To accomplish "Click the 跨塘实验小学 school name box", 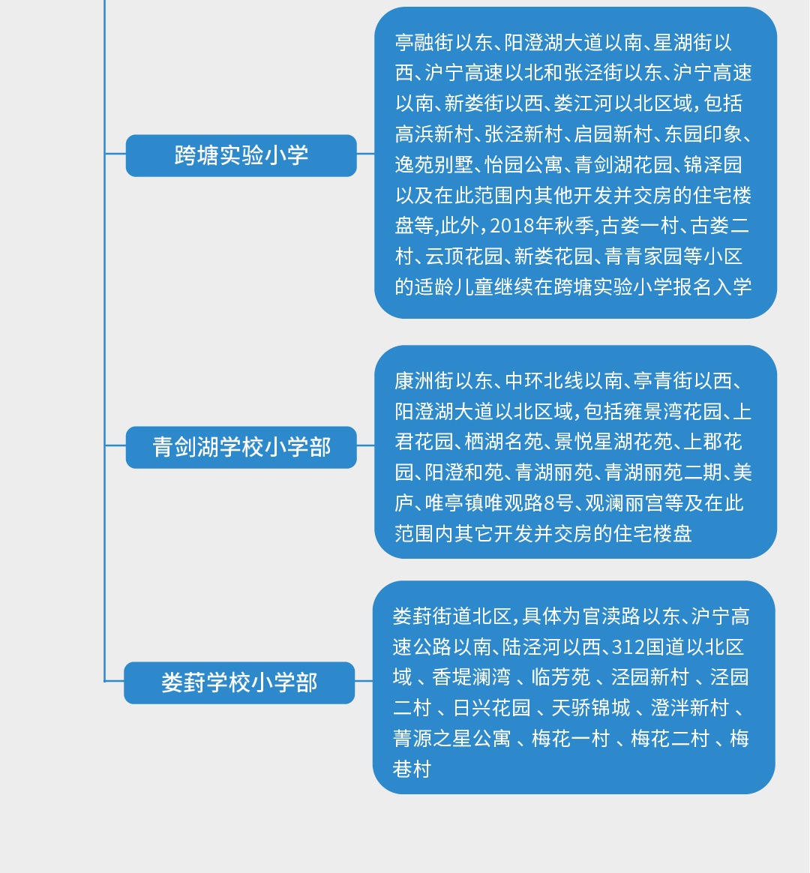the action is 241,155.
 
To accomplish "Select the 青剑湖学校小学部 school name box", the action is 241,447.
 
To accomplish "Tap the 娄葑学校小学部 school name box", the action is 239,682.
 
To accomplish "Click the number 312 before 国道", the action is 628,647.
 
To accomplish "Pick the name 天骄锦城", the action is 591,708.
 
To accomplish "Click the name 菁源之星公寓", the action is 451,738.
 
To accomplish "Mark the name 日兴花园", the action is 491,708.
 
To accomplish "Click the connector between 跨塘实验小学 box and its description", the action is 366,154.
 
